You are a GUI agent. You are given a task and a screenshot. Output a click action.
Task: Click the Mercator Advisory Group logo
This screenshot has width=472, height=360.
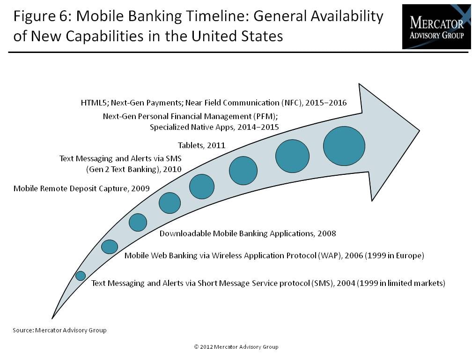436,27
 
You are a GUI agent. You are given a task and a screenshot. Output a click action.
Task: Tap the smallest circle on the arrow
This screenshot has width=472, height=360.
81,276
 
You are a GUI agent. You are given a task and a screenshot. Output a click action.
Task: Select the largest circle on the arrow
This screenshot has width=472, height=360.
344,146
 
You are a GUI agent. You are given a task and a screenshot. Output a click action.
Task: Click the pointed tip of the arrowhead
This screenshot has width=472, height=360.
420,131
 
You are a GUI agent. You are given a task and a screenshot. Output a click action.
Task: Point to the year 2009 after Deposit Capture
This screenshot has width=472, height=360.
140,188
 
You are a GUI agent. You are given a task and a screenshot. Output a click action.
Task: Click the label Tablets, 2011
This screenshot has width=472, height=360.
201,145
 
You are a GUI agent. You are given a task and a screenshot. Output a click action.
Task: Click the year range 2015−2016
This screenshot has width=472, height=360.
326,103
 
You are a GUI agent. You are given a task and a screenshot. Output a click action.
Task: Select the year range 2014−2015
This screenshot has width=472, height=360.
258,127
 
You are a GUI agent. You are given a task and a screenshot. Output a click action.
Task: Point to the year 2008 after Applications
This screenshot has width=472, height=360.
327,233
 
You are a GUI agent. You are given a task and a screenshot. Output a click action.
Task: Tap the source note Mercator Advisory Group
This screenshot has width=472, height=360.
71,330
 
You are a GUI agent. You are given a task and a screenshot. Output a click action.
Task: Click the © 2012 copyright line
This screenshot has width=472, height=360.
236,347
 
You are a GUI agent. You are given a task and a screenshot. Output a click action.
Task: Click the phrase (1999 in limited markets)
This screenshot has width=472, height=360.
401,283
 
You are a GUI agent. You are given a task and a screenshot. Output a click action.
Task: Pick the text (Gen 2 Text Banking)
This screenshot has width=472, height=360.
123,169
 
